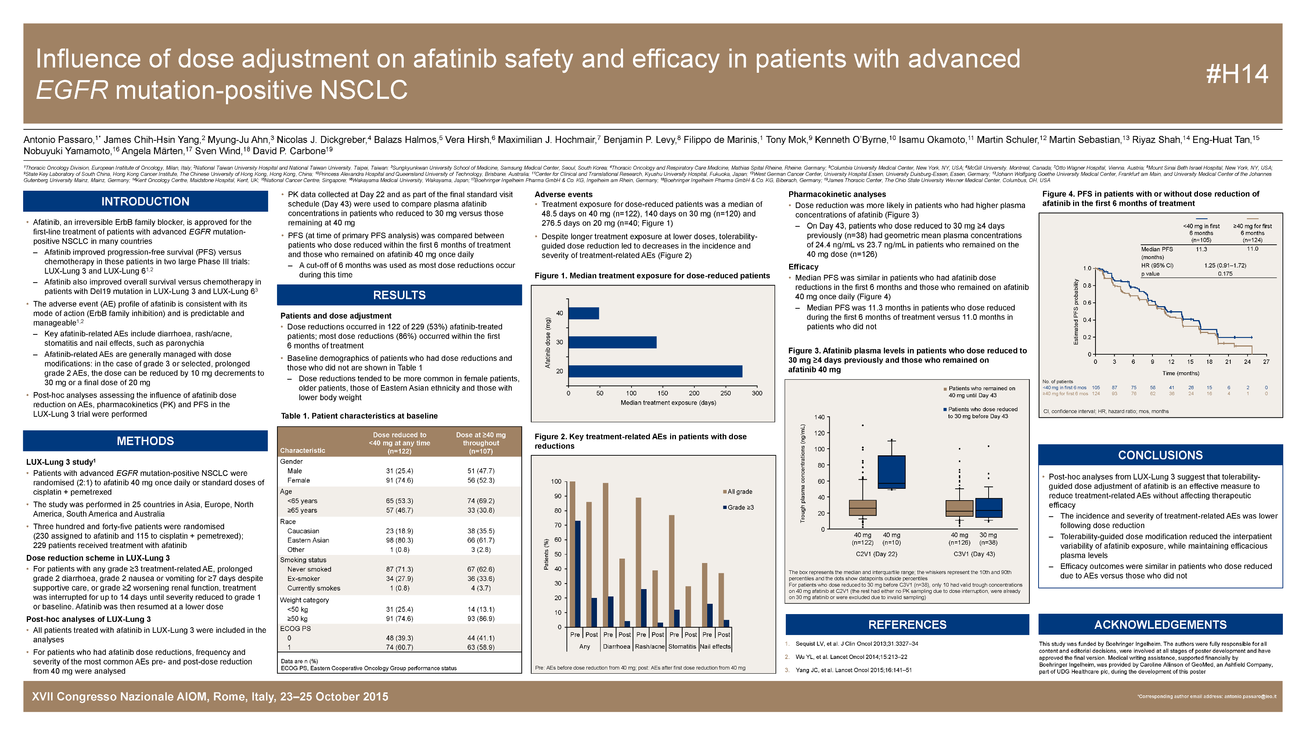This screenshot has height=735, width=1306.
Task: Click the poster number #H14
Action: click(1237, 74)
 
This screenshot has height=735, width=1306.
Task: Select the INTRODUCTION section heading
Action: click(145, 201)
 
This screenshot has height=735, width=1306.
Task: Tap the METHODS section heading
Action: click(145, 441)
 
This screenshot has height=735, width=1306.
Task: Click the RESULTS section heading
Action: click(399, 295)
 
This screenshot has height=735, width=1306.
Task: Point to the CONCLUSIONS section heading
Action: click(1160, 455)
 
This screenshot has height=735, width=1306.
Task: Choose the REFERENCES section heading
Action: click(907, 624)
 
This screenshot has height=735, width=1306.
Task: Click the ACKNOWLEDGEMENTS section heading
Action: click(1160, 624)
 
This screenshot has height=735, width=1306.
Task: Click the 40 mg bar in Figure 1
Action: click(583, 313)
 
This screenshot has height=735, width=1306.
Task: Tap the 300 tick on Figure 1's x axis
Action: click(757, 393)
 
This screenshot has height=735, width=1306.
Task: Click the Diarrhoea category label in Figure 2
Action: click(616, 647)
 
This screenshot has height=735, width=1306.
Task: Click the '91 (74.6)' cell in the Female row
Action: click(399, 480)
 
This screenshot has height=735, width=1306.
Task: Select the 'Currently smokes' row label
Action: click(313, 588)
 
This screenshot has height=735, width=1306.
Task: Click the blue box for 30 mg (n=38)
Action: click(988, 508)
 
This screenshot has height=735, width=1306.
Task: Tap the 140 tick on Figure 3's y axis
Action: click(819, 417)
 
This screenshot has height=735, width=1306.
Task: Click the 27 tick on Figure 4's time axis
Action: click(1266, 362)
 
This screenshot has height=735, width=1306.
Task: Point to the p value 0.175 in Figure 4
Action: click(1225, 274)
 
